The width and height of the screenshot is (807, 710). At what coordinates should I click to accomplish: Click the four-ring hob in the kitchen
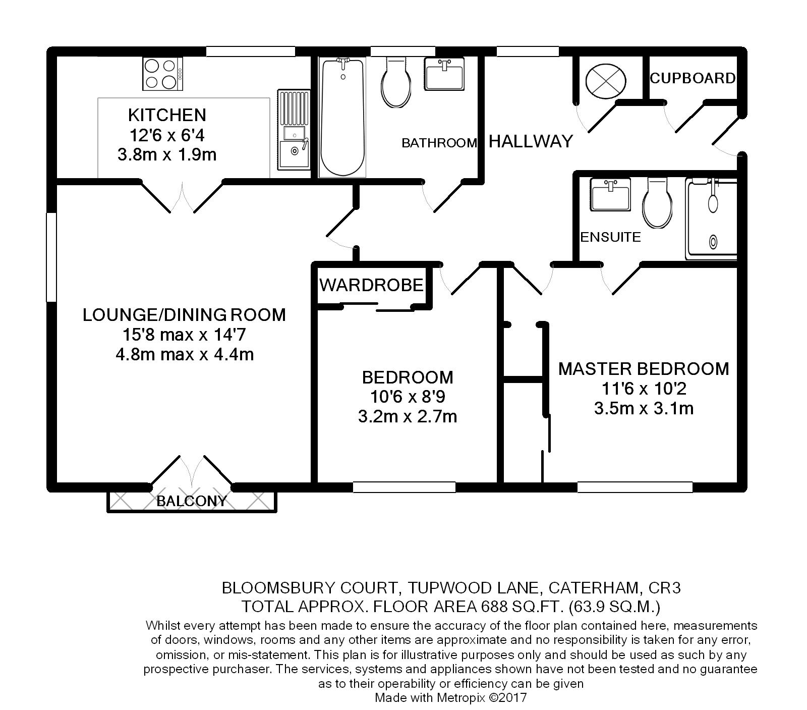163,74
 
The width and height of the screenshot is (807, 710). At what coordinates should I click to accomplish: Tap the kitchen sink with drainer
294,130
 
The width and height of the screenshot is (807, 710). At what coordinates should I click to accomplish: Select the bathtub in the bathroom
342,117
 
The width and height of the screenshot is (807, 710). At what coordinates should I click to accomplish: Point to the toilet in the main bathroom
398,81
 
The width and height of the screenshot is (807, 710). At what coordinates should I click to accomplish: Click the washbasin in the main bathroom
444,74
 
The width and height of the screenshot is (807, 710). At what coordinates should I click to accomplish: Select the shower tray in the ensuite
711,219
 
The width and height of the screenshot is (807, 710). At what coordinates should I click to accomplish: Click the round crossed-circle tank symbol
606,81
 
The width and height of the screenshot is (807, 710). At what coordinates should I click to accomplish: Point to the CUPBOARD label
693,78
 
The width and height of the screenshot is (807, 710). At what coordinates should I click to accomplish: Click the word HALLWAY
531,141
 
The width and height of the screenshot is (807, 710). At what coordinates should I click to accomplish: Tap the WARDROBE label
371,285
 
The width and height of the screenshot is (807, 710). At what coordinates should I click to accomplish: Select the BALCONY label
192,501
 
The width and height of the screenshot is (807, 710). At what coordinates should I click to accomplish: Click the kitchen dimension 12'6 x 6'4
167,135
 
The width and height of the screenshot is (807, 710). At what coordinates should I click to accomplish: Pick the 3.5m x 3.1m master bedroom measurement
644,408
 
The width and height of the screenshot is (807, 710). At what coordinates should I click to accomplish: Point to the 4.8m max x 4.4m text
185,354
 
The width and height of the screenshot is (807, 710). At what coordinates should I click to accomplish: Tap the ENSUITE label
611,237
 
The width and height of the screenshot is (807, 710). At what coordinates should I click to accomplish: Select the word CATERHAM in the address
594,588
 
